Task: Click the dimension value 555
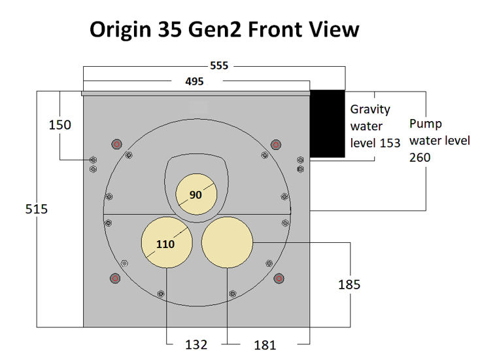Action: (x=219, y=66)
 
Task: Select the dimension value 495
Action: (x=194, y=82)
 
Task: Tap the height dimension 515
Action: (x=37, y=209)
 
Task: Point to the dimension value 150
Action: (x=60, y=124)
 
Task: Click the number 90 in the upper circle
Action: (x=196, y=194)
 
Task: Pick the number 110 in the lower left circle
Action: (x=165, y=244)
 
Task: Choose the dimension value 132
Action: (x=196, y=344)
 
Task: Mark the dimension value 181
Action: (x=265, y=345)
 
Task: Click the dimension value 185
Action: (x=349, y=285)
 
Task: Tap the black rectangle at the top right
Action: (x=327, y=124)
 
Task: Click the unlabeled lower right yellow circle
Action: (x=227, y=242)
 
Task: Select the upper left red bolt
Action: (x=116, y=144)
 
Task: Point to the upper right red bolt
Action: (x=276, y=144)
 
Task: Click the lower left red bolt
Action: (x=115, y=278)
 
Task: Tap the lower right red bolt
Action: (x=279, y=278)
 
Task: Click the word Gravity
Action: (x=369, y=109)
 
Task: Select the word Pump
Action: (x=425, y=124)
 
